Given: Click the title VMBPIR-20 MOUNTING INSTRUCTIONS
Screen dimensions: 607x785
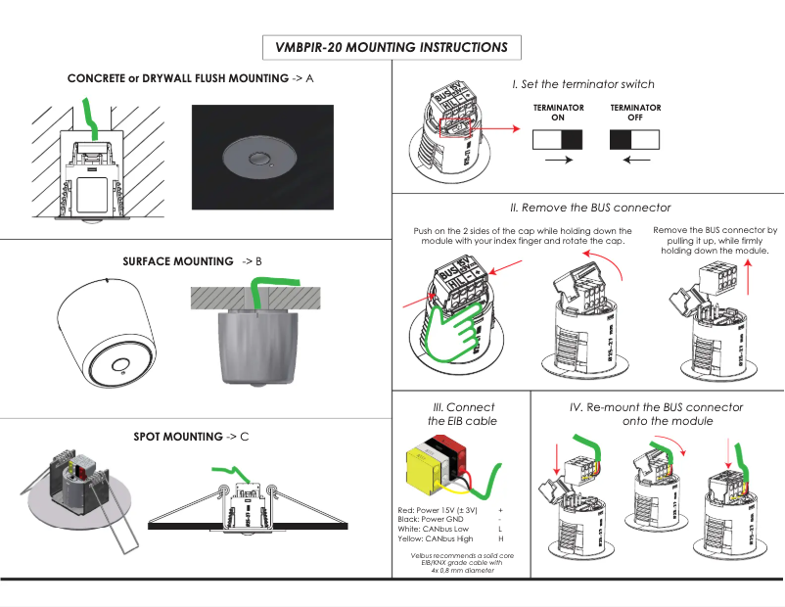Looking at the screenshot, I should (392, 47).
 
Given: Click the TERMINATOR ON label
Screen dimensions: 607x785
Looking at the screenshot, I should (558, 113).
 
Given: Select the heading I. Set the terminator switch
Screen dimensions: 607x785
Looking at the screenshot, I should (583, 85).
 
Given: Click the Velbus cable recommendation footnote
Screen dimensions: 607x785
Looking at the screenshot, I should (457, 563).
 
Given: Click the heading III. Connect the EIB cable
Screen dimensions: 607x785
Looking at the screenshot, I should (463, 413).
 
